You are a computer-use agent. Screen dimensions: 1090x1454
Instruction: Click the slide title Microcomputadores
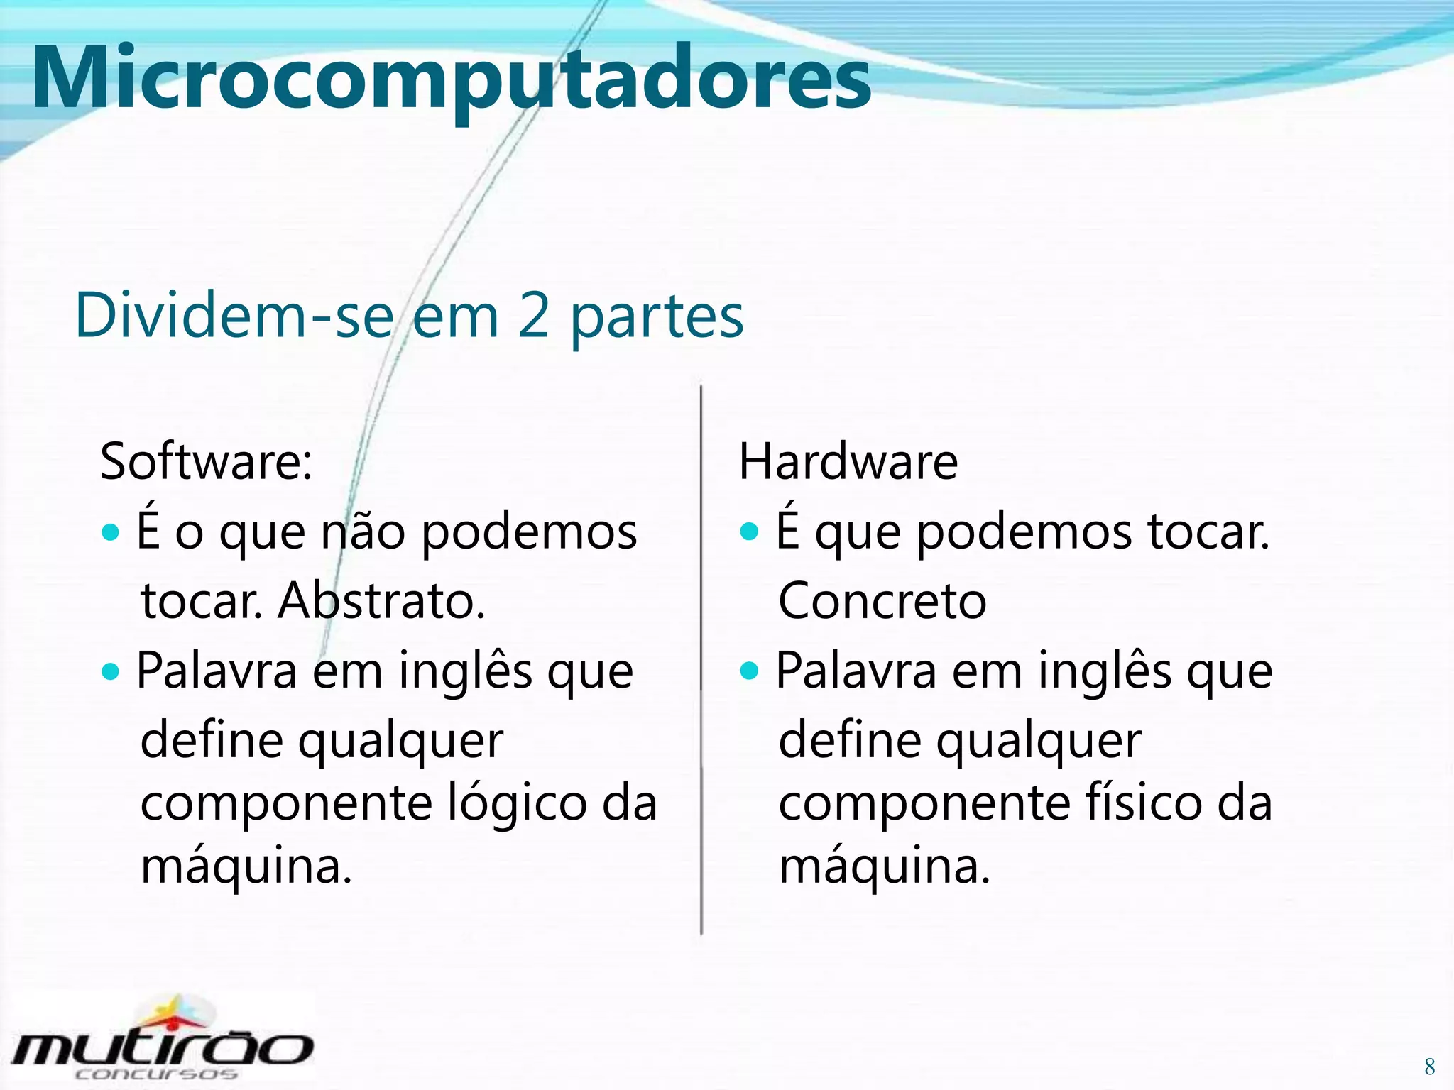tap(451, 78)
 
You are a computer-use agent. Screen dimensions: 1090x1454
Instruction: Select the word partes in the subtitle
tap(657, 318)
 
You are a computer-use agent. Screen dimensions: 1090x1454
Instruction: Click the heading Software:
tap(206, 461)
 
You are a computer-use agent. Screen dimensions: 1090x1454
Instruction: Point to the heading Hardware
tap(848, 461)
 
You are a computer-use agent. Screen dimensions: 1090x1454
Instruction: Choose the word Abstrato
tap(381, 601)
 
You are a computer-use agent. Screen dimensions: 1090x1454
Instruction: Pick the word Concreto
tap(882, 601)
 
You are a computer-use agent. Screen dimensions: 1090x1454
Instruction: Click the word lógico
tap(518, 804)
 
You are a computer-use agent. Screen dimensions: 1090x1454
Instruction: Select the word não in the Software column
tap(362, 532)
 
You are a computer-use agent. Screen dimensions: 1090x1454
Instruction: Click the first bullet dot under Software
tap(111, 532)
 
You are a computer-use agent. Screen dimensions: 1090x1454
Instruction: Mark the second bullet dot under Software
tap(111, 671)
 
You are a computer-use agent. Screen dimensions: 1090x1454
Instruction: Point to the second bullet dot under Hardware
tap(749, 670)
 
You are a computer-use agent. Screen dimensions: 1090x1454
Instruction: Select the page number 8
tap(1429, 1067)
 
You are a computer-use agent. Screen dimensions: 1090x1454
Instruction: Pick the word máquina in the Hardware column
tap(884, 866)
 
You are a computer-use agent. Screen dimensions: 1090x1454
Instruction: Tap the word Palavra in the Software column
tap(217, 671)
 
